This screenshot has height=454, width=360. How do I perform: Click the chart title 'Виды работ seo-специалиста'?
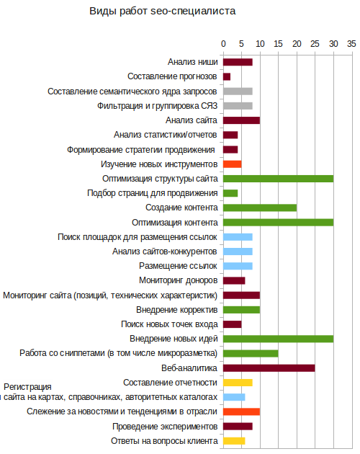click(162, 12)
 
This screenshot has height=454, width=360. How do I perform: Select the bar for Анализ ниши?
click(238, 62)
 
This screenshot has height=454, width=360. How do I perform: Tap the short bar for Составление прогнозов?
click(227, 76)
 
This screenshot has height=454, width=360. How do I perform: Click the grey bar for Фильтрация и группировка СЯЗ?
click(238, 106)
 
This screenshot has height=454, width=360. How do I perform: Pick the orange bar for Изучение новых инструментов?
click(232, 164)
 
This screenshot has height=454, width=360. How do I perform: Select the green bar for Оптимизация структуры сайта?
click(278, 179)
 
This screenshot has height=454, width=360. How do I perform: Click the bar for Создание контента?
click(260, 208)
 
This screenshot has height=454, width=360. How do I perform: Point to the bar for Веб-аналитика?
click(269, 368)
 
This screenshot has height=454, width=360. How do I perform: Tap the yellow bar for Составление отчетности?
click(238, 383)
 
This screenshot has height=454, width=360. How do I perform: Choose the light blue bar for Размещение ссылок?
click(238, 266)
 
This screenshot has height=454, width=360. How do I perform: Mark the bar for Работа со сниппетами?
click(251, 354)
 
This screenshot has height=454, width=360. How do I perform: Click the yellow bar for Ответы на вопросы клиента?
click(234, 441)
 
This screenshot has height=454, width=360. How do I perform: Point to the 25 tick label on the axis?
click(315, 44)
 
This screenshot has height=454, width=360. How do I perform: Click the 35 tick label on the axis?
click(351, 44)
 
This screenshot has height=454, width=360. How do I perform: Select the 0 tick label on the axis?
click(223, 44)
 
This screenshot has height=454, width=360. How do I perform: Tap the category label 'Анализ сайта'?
click(192, 120)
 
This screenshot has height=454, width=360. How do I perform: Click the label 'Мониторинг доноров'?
click(179, 280)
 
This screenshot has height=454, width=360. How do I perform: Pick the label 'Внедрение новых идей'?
click(174, 339)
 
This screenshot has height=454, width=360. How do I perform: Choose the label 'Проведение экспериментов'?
click(165, 427)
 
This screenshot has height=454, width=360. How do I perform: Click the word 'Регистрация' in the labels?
click(27, 387)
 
